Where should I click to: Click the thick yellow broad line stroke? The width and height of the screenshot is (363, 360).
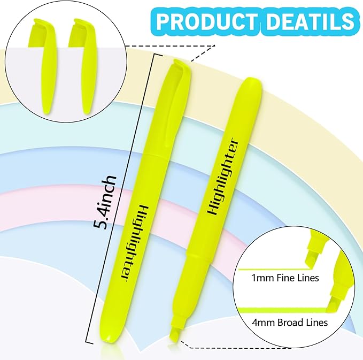click(x=278, y=311)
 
